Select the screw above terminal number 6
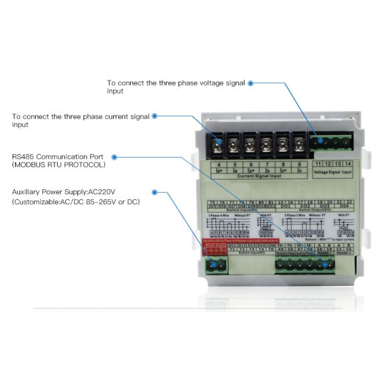pyautogui.click(x=249, y=143)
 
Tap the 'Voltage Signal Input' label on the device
pyautogui.click(x=333, y=172)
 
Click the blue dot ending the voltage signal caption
pyautogui.click(x=251, y=83)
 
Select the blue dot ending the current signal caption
pyautogui.click(x=155, y=116)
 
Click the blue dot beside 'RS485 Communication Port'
pyautogui.click(x=117, y=156)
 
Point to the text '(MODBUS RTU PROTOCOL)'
pyautogui.click(x=54, y=165)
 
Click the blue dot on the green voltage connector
pyautogui.click(x=320, y=141)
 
